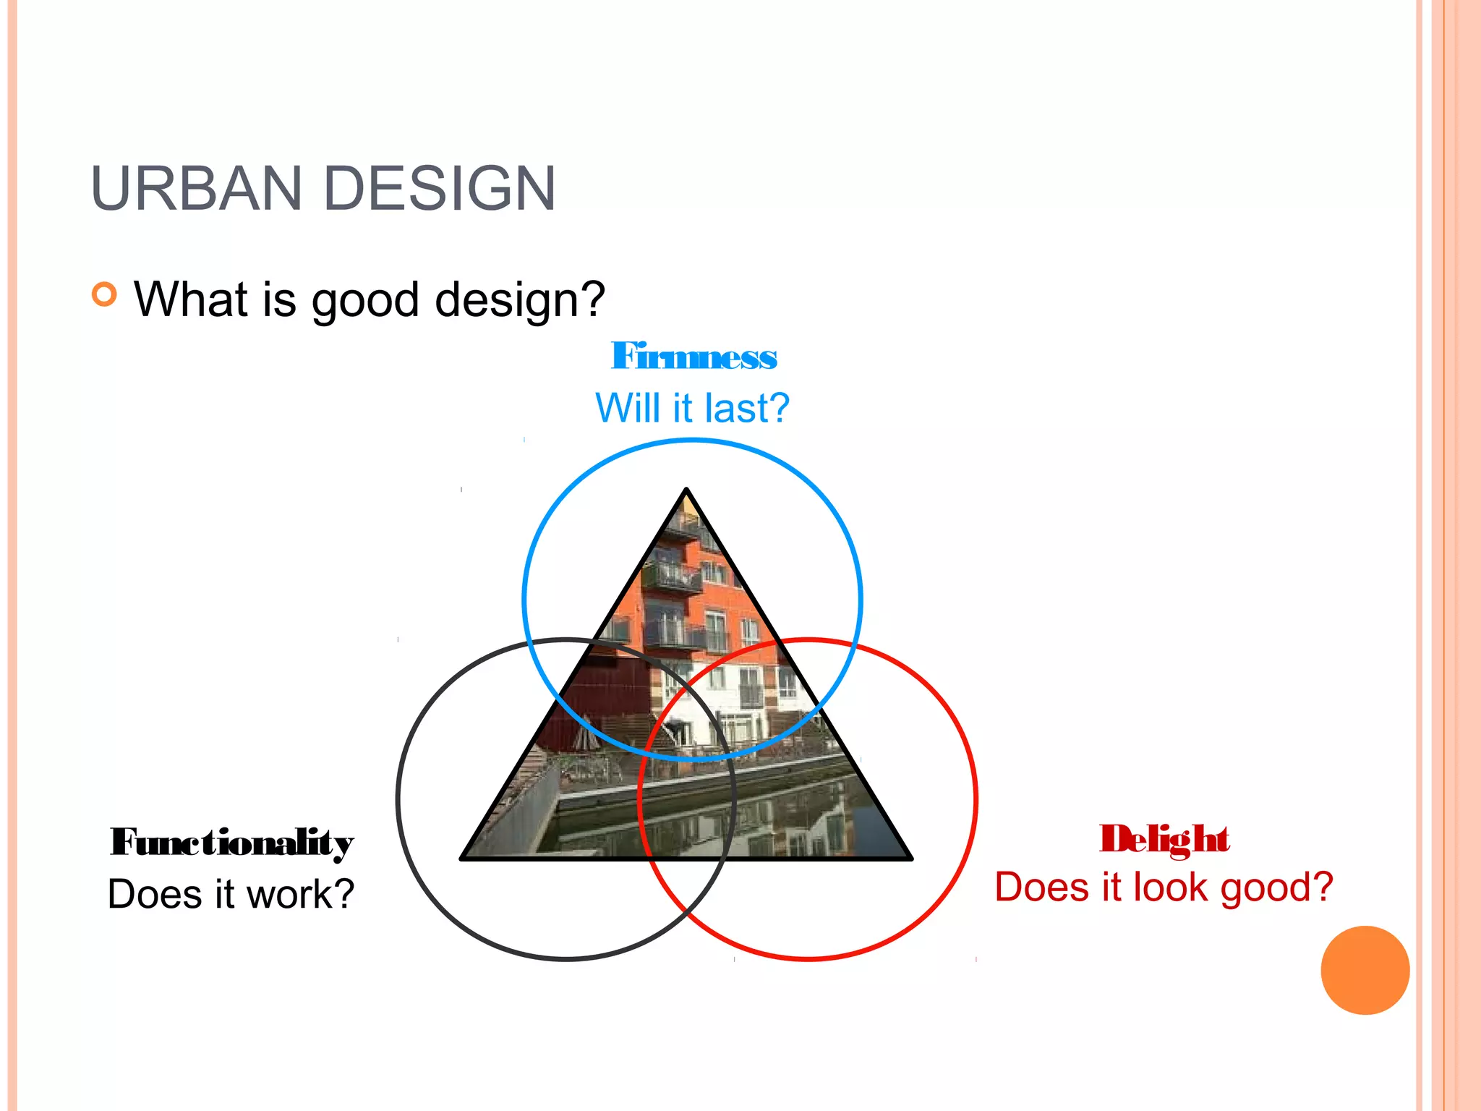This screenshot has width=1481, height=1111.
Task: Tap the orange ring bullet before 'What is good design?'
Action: (104, 294)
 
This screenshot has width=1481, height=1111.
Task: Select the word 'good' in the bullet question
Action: (365, 300)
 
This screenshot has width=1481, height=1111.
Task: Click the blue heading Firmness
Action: (693, 357)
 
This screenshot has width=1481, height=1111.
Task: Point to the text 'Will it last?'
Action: (692, 408)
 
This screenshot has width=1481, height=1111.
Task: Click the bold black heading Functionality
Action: (231, 843)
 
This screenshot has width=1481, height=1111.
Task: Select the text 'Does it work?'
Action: (231, 894)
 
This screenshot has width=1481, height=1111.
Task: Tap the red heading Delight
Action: (1164, 840)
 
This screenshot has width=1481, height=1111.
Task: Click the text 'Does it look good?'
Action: (1164, 887)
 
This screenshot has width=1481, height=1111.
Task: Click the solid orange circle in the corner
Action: (1365, 970)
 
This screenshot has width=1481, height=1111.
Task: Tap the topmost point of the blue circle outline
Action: (692, 440)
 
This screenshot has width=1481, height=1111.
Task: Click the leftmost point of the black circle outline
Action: (398, 799)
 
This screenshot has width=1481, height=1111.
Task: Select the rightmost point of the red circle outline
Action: (976, 799)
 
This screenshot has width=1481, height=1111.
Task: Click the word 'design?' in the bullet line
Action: (520, 300)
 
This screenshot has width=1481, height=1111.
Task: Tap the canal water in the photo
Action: (723, 825)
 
